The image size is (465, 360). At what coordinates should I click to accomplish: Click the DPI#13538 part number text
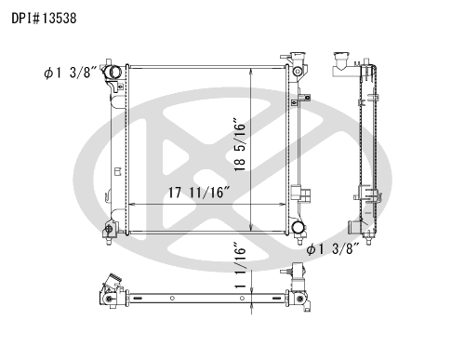44,19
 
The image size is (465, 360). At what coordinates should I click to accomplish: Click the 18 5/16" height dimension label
240,144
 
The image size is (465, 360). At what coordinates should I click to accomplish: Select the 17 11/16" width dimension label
199,193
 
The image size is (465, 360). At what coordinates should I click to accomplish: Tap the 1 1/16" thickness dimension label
240,265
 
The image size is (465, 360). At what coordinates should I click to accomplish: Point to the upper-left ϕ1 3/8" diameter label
71,73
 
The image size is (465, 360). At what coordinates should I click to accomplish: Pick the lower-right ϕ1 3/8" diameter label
333,248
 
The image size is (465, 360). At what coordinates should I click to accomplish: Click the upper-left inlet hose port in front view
112,72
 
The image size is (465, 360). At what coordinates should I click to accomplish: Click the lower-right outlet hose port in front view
298,227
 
